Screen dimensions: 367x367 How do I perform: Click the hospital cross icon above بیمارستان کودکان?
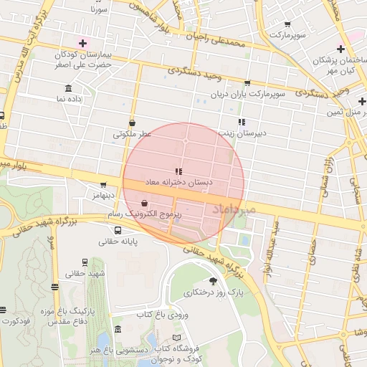[83, 43]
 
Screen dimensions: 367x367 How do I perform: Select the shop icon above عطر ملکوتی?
[133, 123]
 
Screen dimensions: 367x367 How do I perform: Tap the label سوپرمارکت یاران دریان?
[248, 94]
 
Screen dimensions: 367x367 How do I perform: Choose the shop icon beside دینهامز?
[103, 184]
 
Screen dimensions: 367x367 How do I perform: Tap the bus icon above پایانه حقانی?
[118, 231]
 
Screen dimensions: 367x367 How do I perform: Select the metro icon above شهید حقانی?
[85, 262]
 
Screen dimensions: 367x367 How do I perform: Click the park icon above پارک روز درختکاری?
[212, 280]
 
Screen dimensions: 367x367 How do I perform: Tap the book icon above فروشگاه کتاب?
[177, 337]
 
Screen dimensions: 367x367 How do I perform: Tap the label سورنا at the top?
[99, 11]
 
